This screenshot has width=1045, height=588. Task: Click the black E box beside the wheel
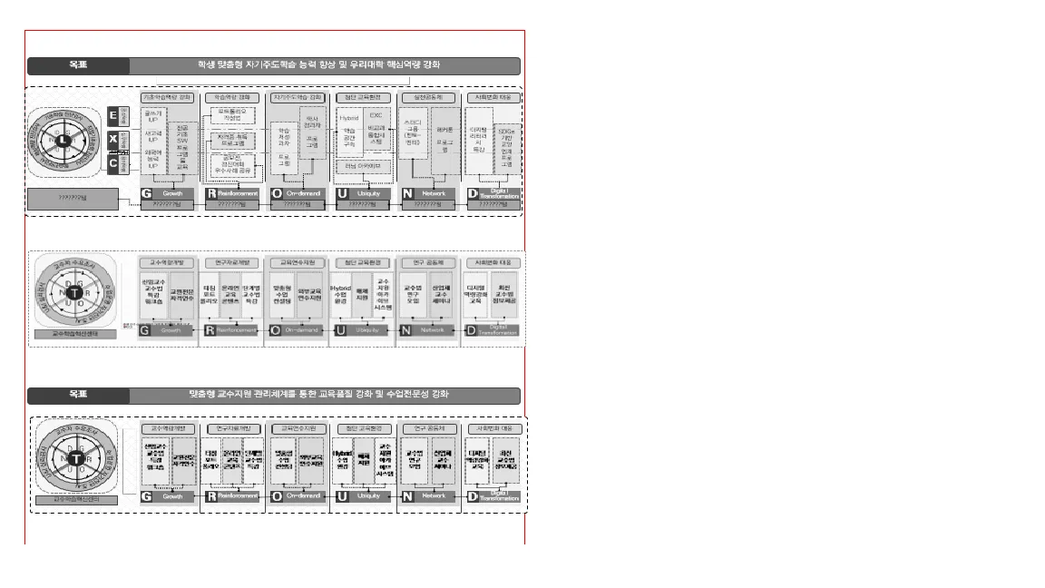pos(112,116)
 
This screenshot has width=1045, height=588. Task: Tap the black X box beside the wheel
pos(112,140)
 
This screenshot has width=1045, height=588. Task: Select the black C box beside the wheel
pos(112,163)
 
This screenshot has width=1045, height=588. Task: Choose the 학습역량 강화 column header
pos(232,97)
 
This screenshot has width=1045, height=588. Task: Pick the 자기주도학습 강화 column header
pos(298,97)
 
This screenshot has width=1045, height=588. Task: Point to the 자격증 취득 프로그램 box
pos(233,139)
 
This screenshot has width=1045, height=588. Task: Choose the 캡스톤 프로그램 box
pos(444,145)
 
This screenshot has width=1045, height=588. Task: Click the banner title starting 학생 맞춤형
pos(324,65)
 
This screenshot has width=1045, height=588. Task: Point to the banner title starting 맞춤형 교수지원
pos(324,396)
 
